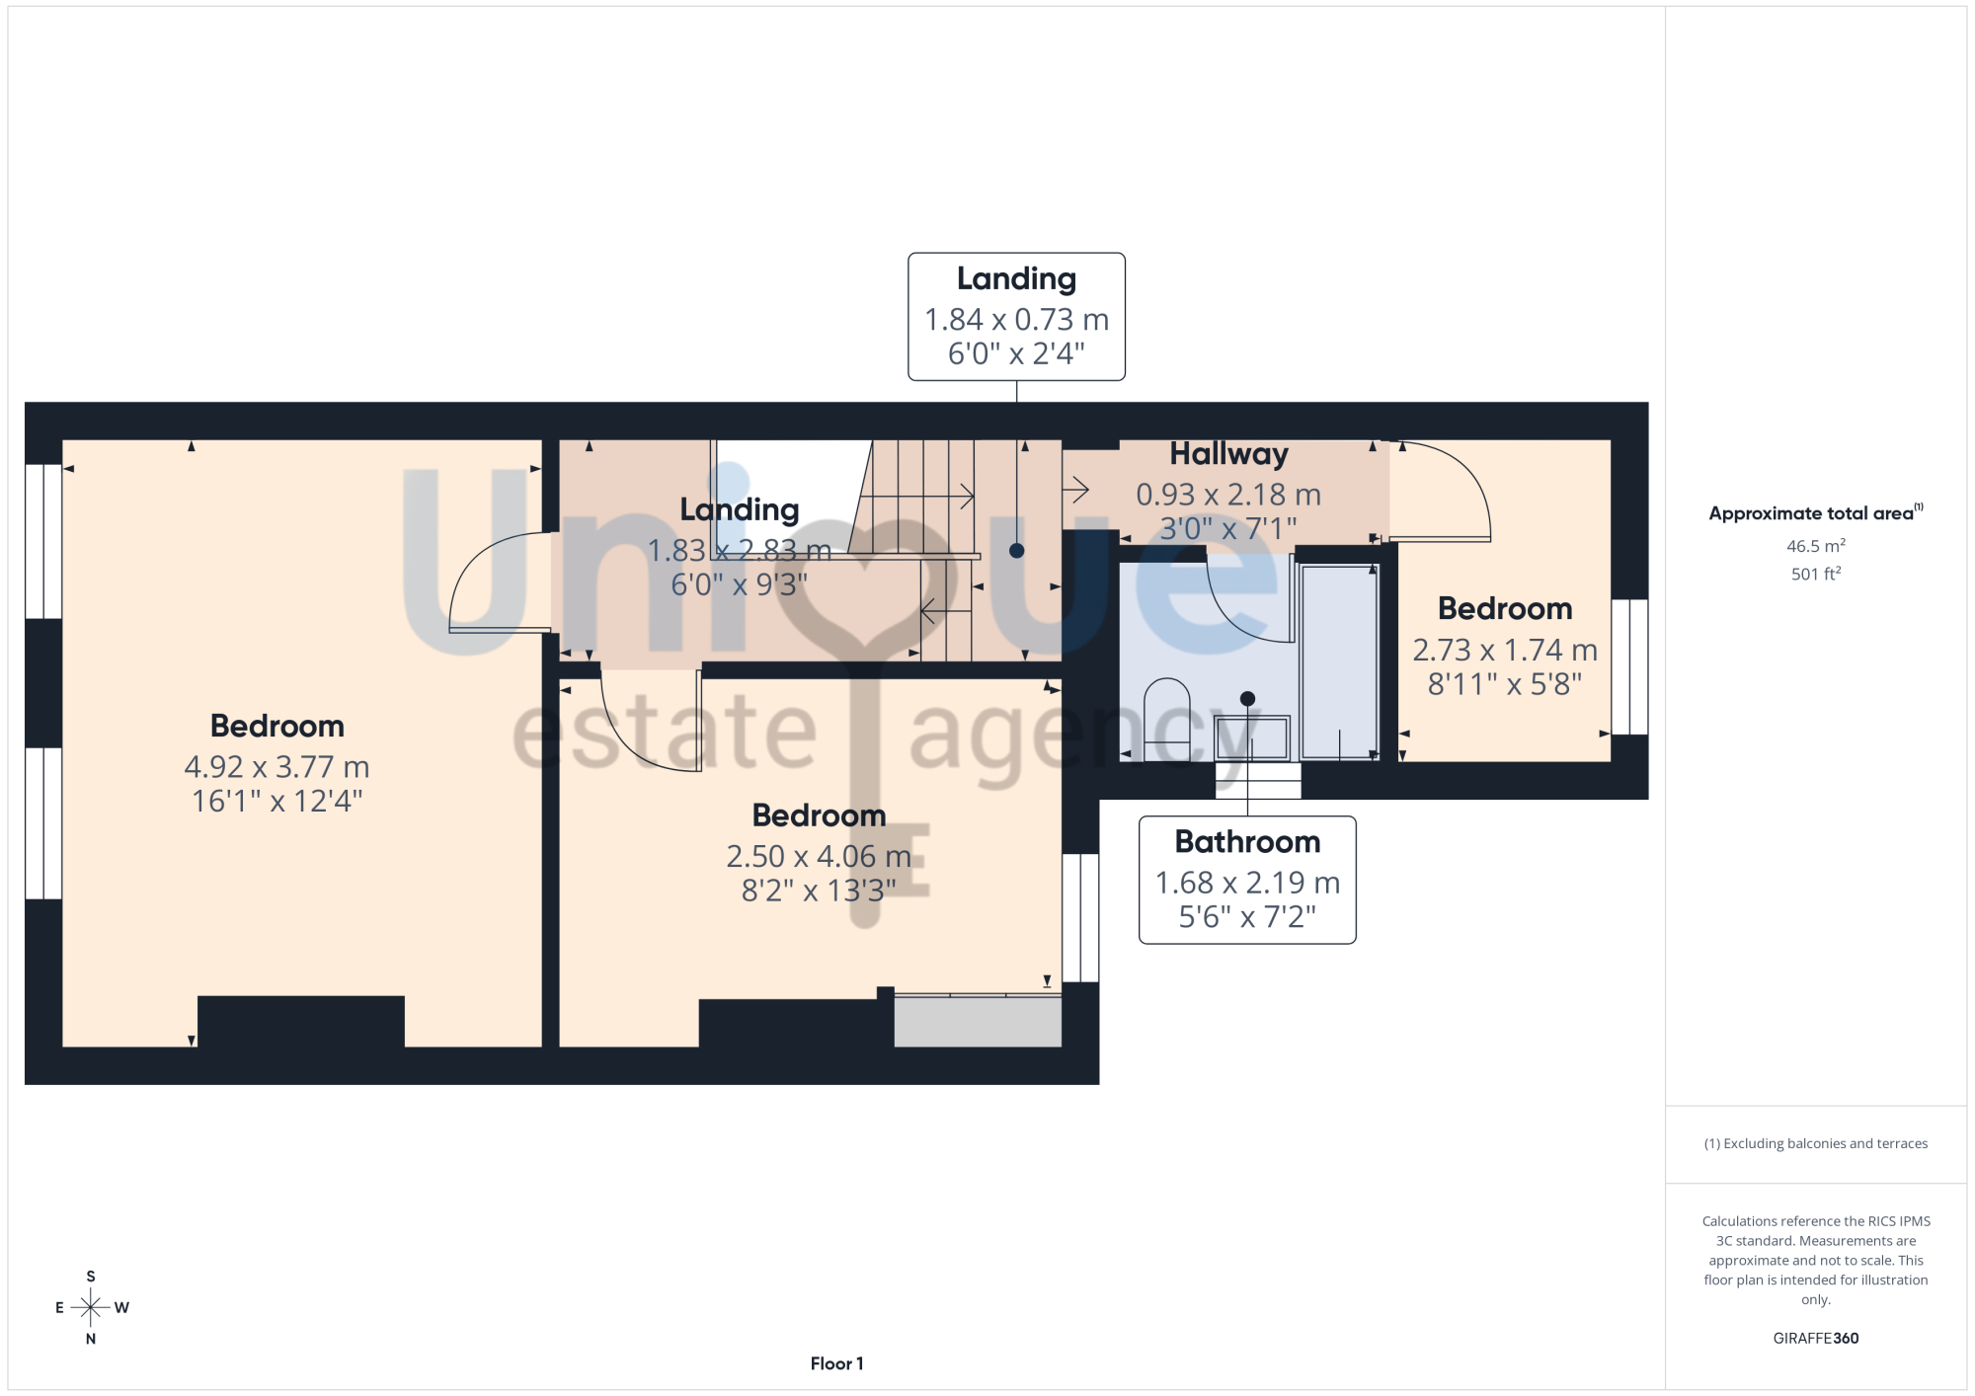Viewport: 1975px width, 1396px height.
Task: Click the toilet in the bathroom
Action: pyautogui.click(x=1167, y=719)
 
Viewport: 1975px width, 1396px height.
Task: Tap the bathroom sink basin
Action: pyautogui.click(x=1251, y=737)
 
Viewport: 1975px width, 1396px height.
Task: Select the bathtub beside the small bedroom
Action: pyautogui.click(x=1340, y=661)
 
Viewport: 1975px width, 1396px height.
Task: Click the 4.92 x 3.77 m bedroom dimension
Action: pyautogui.click(x=276, y=767)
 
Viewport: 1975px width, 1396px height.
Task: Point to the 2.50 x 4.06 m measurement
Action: pyautogui.click(x=819, y=856)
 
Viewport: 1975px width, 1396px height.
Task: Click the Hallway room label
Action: pyautogui.click(x=1228, y=454)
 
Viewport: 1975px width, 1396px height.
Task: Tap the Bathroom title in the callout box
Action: pyautogui.click(x=1247, y=842)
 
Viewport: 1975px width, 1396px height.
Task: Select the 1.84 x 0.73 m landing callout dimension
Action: pyautogui.click(x=1016, y=320)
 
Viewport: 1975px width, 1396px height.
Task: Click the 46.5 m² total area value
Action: pyautogui.click(x=1815, y=546)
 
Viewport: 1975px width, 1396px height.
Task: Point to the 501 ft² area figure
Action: pyautogui.click(x=1815, y=574)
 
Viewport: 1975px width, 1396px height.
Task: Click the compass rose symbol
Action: pyautogui.click(x=91, y=1308)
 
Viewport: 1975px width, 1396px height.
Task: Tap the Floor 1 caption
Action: pyautogui.click(x=836, y=1363)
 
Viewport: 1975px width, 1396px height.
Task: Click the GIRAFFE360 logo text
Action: pyautogui.click(x=1815, y=1339)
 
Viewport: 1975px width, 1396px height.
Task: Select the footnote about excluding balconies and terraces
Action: pyautogui.click(x=1815, y=1143)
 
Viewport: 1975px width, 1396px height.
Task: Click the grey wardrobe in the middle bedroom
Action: pyautogui.click(x=978, y=1020)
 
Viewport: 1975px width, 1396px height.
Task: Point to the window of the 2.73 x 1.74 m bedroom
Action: pyautogui.click(x=1629, y=666)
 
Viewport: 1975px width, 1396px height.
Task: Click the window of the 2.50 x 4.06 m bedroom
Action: pyautogui.click(x=1080, y=917)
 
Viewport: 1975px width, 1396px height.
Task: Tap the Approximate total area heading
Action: pyautogui.click(x=1815, y=512)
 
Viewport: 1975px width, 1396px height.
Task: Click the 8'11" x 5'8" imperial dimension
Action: pyautogui.click(x=1505, y=683)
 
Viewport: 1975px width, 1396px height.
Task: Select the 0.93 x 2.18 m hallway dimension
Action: pyautogui.click(x=1228, y=495)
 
